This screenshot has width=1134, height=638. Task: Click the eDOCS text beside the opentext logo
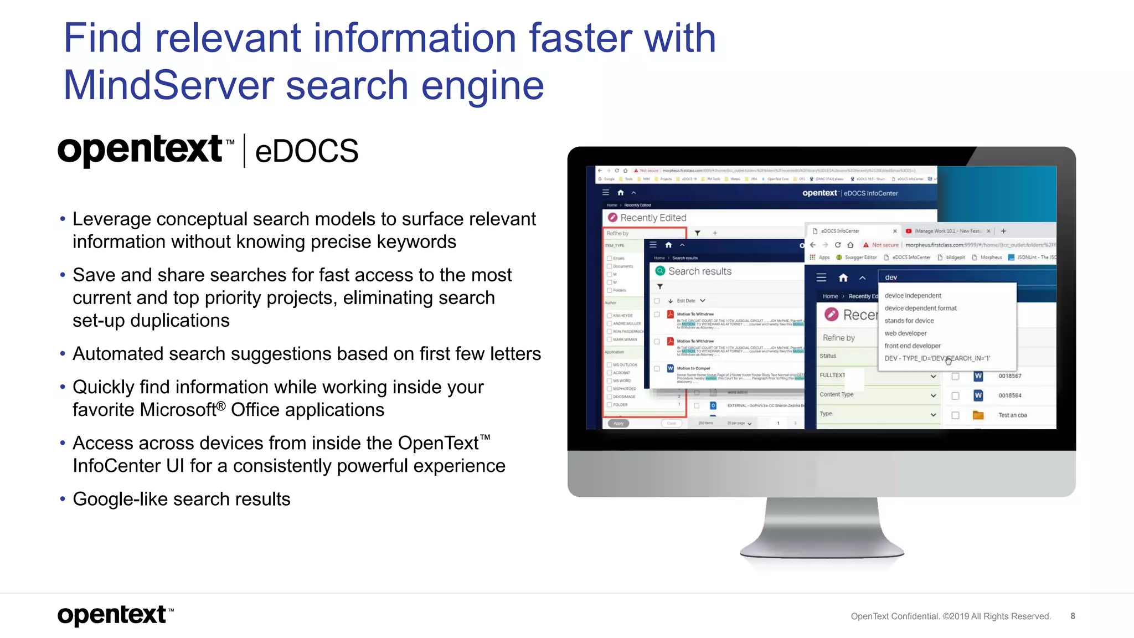pyautogui.click(x=306, y=151)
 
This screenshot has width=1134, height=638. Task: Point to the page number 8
pyautogui.click(x=1073, y=616)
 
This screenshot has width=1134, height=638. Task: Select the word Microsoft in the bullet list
pyautogui.click(x=178, y=410)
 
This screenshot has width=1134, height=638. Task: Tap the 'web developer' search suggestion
pyautogui.click(x=905, y=333)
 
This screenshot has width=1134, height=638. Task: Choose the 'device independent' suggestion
pyautogui.click(x=913, y=296)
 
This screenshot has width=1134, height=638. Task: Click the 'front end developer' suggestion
pyautogui.click(x=913, y=346)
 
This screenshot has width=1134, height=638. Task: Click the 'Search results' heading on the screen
pyautogui.click(x=699, y=271)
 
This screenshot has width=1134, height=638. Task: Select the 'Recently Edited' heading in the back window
pyautogui.click(x=653, y=218)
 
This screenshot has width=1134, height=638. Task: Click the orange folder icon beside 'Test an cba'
pyautogui.click(x=978, y=415)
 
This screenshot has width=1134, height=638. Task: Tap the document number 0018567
pyautogui.click(x=1010, y=376)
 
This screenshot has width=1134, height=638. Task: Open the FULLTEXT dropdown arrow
pyautogui.click(x=933, y=376)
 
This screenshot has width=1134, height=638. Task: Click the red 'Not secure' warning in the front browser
pyautogui.click(x=884, y=245)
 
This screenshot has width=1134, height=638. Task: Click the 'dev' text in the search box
pyautogui.click(x=891, y=277)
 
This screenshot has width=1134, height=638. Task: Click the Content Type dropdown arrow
pyautogui.click(x=933, y=395)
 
